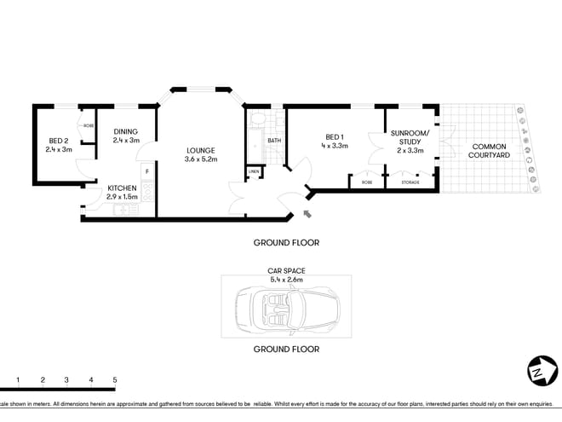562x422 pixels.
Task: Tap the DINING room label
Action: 125,131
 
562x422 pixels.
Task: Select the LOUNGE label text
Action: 202,151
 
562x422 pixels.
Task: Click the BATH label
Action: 274,141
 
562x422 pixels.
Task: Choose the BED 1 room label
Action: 335,137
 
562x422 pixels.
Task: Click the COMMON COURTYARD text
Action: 490,151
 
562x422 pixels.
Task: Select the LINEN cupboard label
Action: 253,172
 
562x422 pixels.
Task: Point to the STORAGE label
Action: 410,182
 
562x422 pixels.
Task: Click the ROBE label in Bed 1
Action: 366,182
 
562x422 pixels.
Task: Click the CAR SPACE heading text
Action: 286,271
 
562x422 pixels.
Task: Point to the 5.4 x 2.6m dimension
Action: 286,280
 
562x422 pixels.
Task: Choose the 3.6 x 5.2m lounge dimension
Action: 202,159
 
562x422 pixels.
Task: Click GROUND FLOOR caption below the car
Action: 286,350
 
